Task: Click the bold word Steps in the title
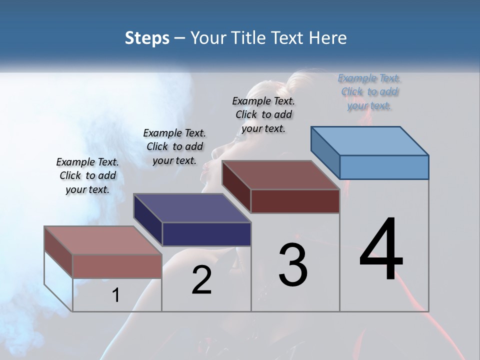click(x=147, y=38)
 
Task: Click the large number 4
click(x=381, y=250)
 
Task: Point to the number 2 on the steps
click(x=202, y=280)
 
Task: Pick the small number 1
click(x=116, y=295)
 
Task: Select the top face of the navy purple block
click(x=192, y=208)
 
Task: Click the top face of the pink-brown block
click(x=103, y=240)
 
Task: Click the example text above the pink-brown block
click(x=87, y=175)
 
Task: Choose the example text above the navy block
click(x=174, y=146)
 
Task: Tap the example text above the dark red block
click(x=263, y=114)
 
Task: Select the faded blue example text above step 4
click(x=369, y=91)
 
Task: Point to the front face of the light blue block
click(x=384, y=167)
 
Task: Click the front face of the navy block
click(x=206, y=234)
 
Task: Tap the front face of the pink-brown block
click(x=117, y=266)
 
